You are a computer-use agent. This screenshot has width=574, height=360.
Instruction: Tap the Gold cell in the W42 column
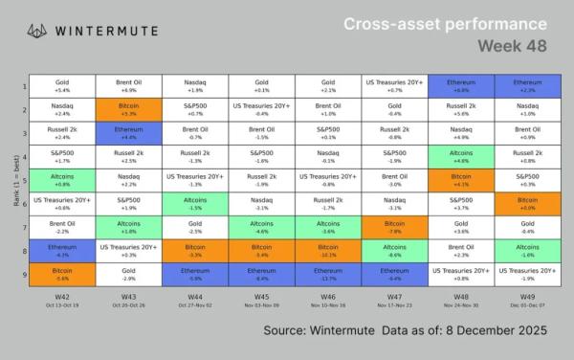(61, 86)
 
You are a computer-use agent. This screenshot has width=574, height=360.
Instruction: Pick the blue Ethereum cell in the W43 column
(128, 132)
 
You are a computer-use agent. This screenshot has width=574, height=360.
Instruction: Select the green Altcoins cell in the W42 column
(61, 178)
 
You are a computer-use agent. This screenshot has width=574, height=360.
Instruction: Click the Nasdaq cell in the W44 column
(195, 86)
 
